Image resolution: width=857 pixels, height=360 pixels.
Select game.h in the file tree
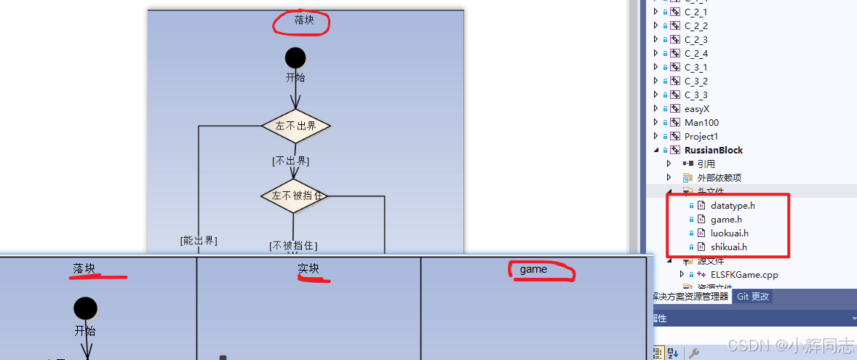tap(726, 220)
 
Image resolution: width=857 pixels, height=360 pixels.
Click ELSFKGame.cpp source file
tap(744, 275)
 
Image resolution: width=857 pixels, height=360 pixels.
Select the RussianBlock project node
tap(713, 151)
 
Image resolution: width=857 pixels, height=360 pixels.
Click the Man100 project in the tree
tap(701, 123)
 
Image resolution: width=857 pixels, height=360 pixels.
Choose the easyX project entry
tap(696, 109)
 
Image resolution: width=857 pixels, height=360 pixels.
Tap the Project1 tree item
tap(701, 137)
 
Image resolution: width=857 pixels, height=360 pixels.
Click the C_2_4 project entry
tap(695, 54)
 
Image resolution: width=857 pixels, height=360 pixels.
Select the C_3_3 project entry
tap(695, 95)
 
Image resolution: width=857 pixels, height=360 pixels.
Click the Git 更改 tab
tap(752, 297)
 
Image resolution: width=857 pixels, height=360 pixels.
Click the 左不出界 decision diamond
tap(295, 126)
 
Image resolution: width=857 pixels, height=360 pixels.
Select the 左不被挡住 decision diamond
tap(295, 196)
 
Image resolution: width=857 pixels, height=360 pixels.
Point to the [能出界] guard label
tap(199, 240)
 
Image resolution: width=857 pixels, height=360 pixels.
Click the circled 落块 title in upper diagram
tap(303, 21)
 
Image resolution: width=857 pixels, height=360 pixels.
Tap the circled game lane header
tap(533, 270)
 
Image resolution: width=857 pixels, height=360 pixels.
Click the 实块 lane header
tap(308, 269)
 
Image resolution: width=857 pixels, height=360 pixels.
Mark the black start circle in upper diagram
tap(295, 57)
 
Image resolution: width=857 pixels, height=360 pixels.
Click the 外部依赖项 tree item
tap(719, 178)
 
